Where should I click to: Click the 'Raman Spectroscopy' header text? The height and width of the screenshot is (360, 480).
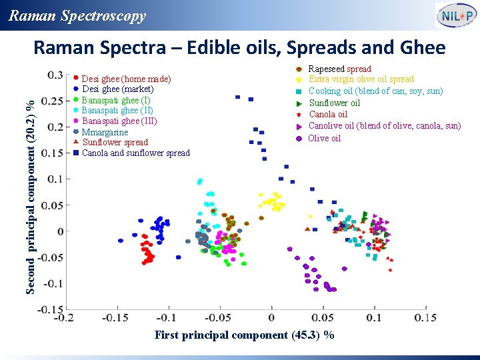pyautogui.click(x=77, y=16)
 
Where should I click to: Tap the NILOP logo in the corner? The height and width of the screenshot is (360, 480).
pyautogui.click(x=455, y=15)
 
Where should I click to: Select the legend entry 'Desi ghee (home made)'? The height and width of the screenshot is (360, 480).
pyautogui.click(x=126, y=79)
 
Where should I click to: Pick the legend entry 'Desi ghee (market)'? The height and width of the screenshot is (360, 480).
pyautogui.click(x=117, y=89)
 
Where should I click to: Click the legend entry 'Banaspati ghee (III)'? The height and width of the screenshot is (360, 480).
pyautogui.click(x=119, y=121)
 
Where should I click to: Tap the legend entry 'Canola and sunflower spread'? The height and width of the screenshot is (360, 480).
pyautogui.click(x=135, y=153)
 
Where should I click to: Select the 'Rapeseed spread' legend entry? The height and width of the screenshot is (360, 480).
pyautogui.click(x=339, y=69)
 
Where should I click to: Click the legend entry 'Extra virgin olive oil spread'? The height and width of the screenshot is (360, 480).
pyautogui.click(x=361, y=79)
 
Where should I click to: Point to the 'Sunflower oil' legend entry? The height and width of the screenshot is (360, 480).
pyautogui.click(x=334, y=103)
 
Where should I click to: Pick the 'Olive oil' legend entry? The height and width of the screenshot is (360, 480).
pyautogui.click(x=324, y=138)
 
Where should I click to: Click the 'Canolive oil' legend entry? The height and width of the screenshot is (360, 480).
pyautogui.click(x=384, y=126)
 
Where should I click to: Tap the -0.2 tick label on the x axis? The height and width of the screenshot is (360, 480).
pyautogui.click(x=64, y=318)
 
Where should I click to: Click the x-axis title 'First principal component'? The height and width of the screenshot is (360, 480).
pyautogui.click(x=244, y=335)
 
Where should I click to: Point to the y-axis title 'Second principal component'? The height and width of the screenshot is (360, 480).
pyautogui.click(x=30, y=190)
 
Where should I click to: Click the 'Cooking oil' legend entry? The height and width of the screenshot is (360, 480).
pyautogui.click(x=375, y=91)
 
